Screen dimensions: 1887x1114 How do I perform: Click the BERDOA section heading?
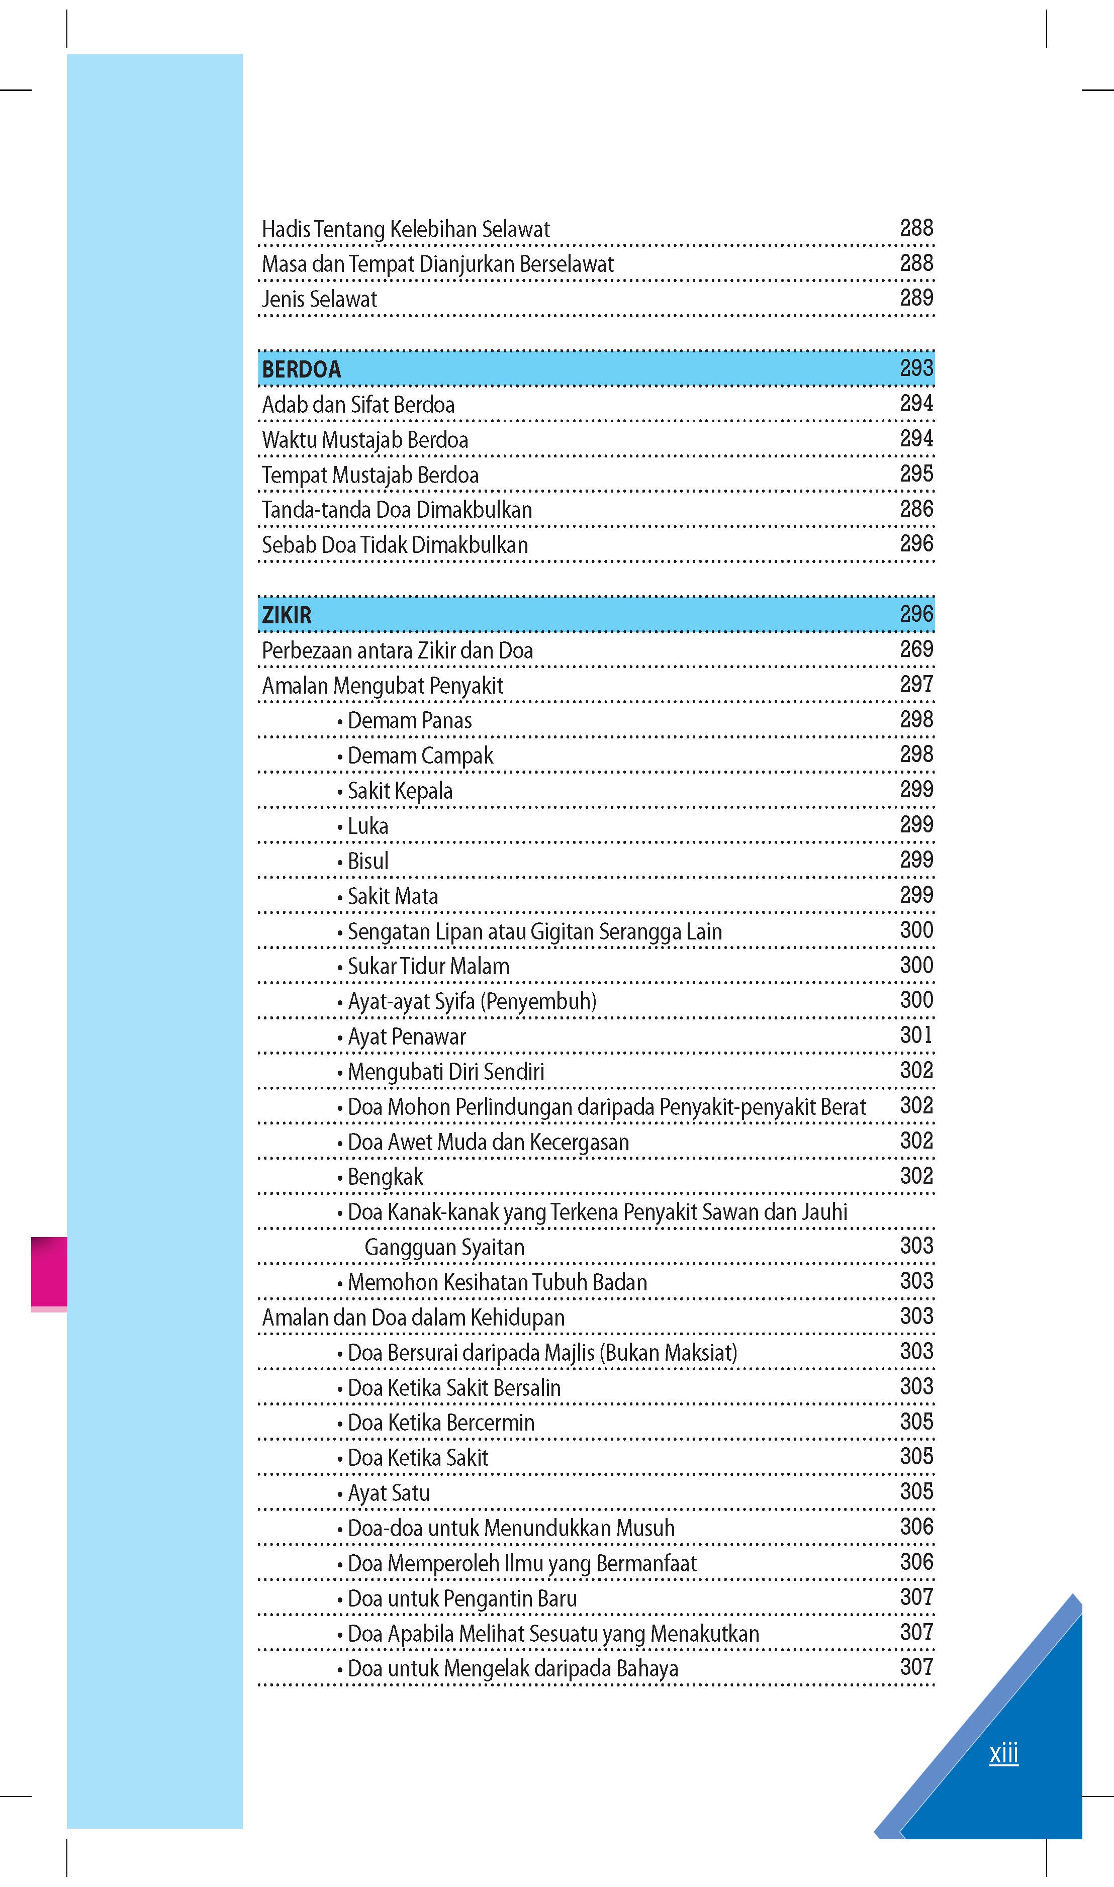[x=301, y=369]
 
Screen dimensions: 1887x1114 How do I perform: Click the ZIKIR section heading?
[x=286, y=615]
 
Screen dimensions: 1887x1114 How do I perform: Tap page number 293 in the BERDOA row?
[x=916, y=368]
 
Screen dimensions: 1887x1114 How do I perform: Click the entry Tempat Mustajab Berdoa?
[x=369, y=475]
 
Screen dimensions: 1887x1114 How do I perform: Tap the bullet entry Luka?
[x=367, y=826]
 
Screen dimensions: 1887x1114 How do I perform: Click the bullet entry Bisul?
[x=367, y=861]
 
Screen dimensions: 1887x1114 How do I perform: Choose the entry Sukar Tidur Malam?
[x=427, y=966]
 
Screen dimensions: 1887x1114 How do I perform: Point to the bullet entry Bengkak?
[x=385, y=1176]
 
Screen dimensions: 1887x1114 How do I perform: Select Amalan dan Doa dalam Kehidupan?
[x=413, y=1317]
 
